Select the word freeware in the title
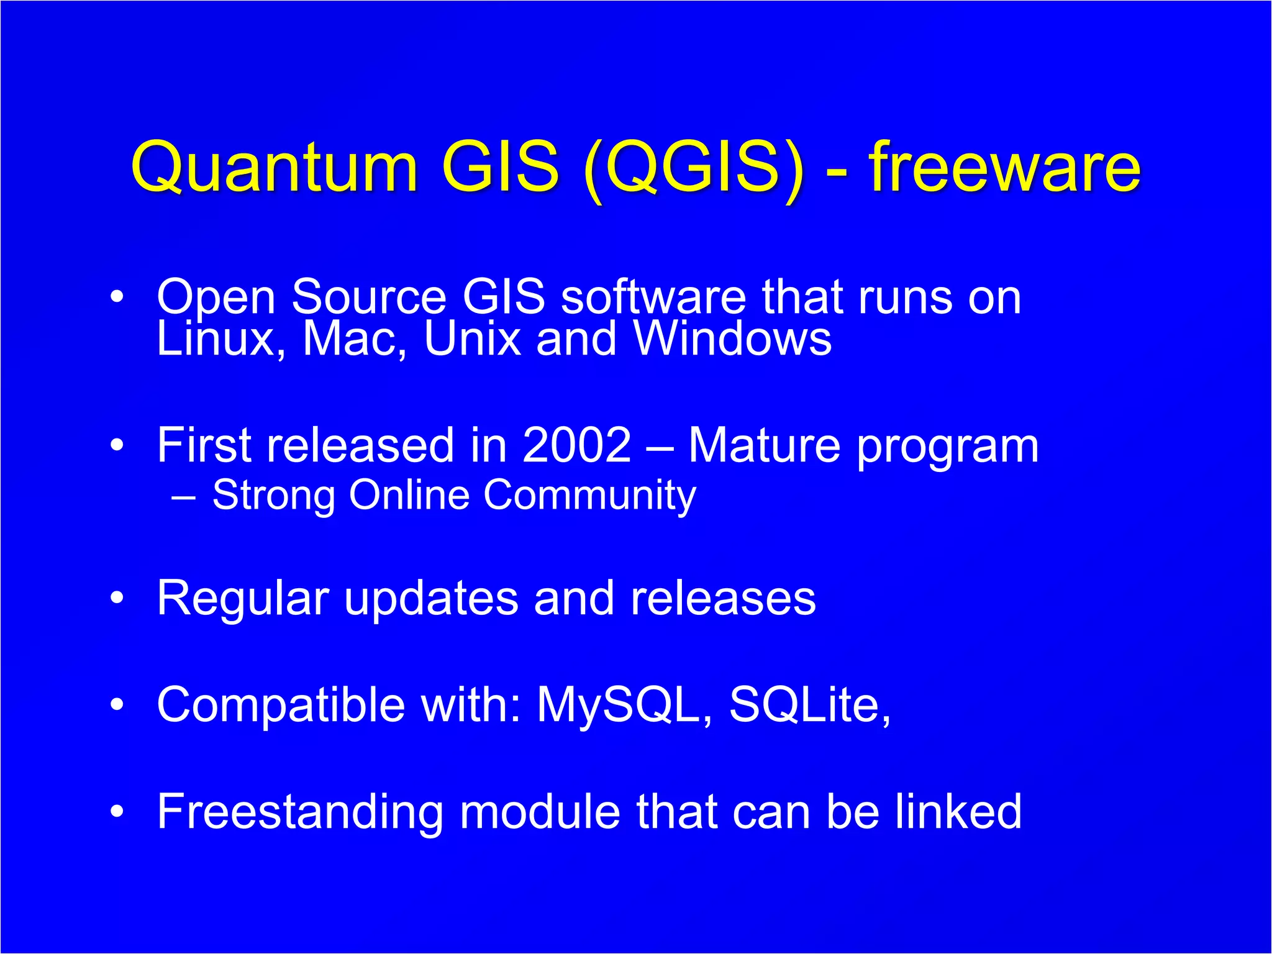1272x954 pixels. (x=1004, y=166)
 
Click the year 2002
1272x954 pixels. (x=576, y=445)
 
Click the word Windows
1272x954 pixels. (x=732, y=339)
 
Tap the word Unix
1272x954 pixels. (x=472, y=339)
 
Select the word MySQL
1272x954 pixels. (x=624, y=705)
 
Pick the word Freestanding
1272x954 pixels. (x=300, y=812)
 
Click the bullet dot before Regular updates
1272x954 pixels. (x=117, y=598)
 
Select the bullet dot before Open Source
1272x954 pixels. (x=117, y=297)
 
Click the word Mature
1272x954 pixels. (x=764, y=445)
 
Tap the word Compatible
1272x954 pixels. (x=281, y=705)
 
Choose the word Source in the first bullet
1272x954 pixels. (x=369, y=297)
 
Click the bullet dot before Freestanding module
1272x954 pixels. (x=117, y=812)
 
